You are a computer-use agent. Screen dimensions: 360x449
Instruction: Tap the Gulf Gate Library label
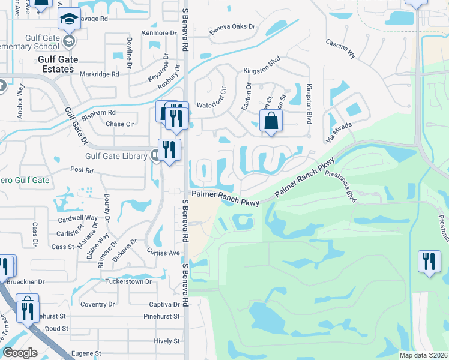click(116, 157)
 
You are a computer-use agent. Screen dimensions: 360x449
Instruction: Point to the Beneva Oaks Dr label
click(232, 28)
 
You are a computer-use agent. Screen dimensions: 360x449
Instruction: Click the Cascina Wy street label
click(341, 49)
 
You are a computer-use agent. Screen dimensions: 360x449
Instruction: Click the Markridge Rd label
click(99, 74)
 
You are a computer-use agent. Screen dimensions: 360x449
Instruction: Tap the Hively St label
click(167, 341)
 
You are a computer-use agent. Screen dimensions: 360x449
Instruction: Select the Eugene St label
click(86, 354)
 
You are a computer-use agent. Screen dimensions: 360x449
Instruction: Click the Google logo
click(20, 353)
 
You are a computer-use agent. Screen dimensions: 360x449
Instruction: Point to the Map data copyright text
click(423, 355)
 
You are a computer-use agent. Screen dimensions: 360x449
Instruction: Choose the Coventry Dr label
click(93, 304)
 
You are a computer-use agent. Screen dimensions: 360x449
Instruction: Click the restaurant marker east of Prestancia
click(429, 262)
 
